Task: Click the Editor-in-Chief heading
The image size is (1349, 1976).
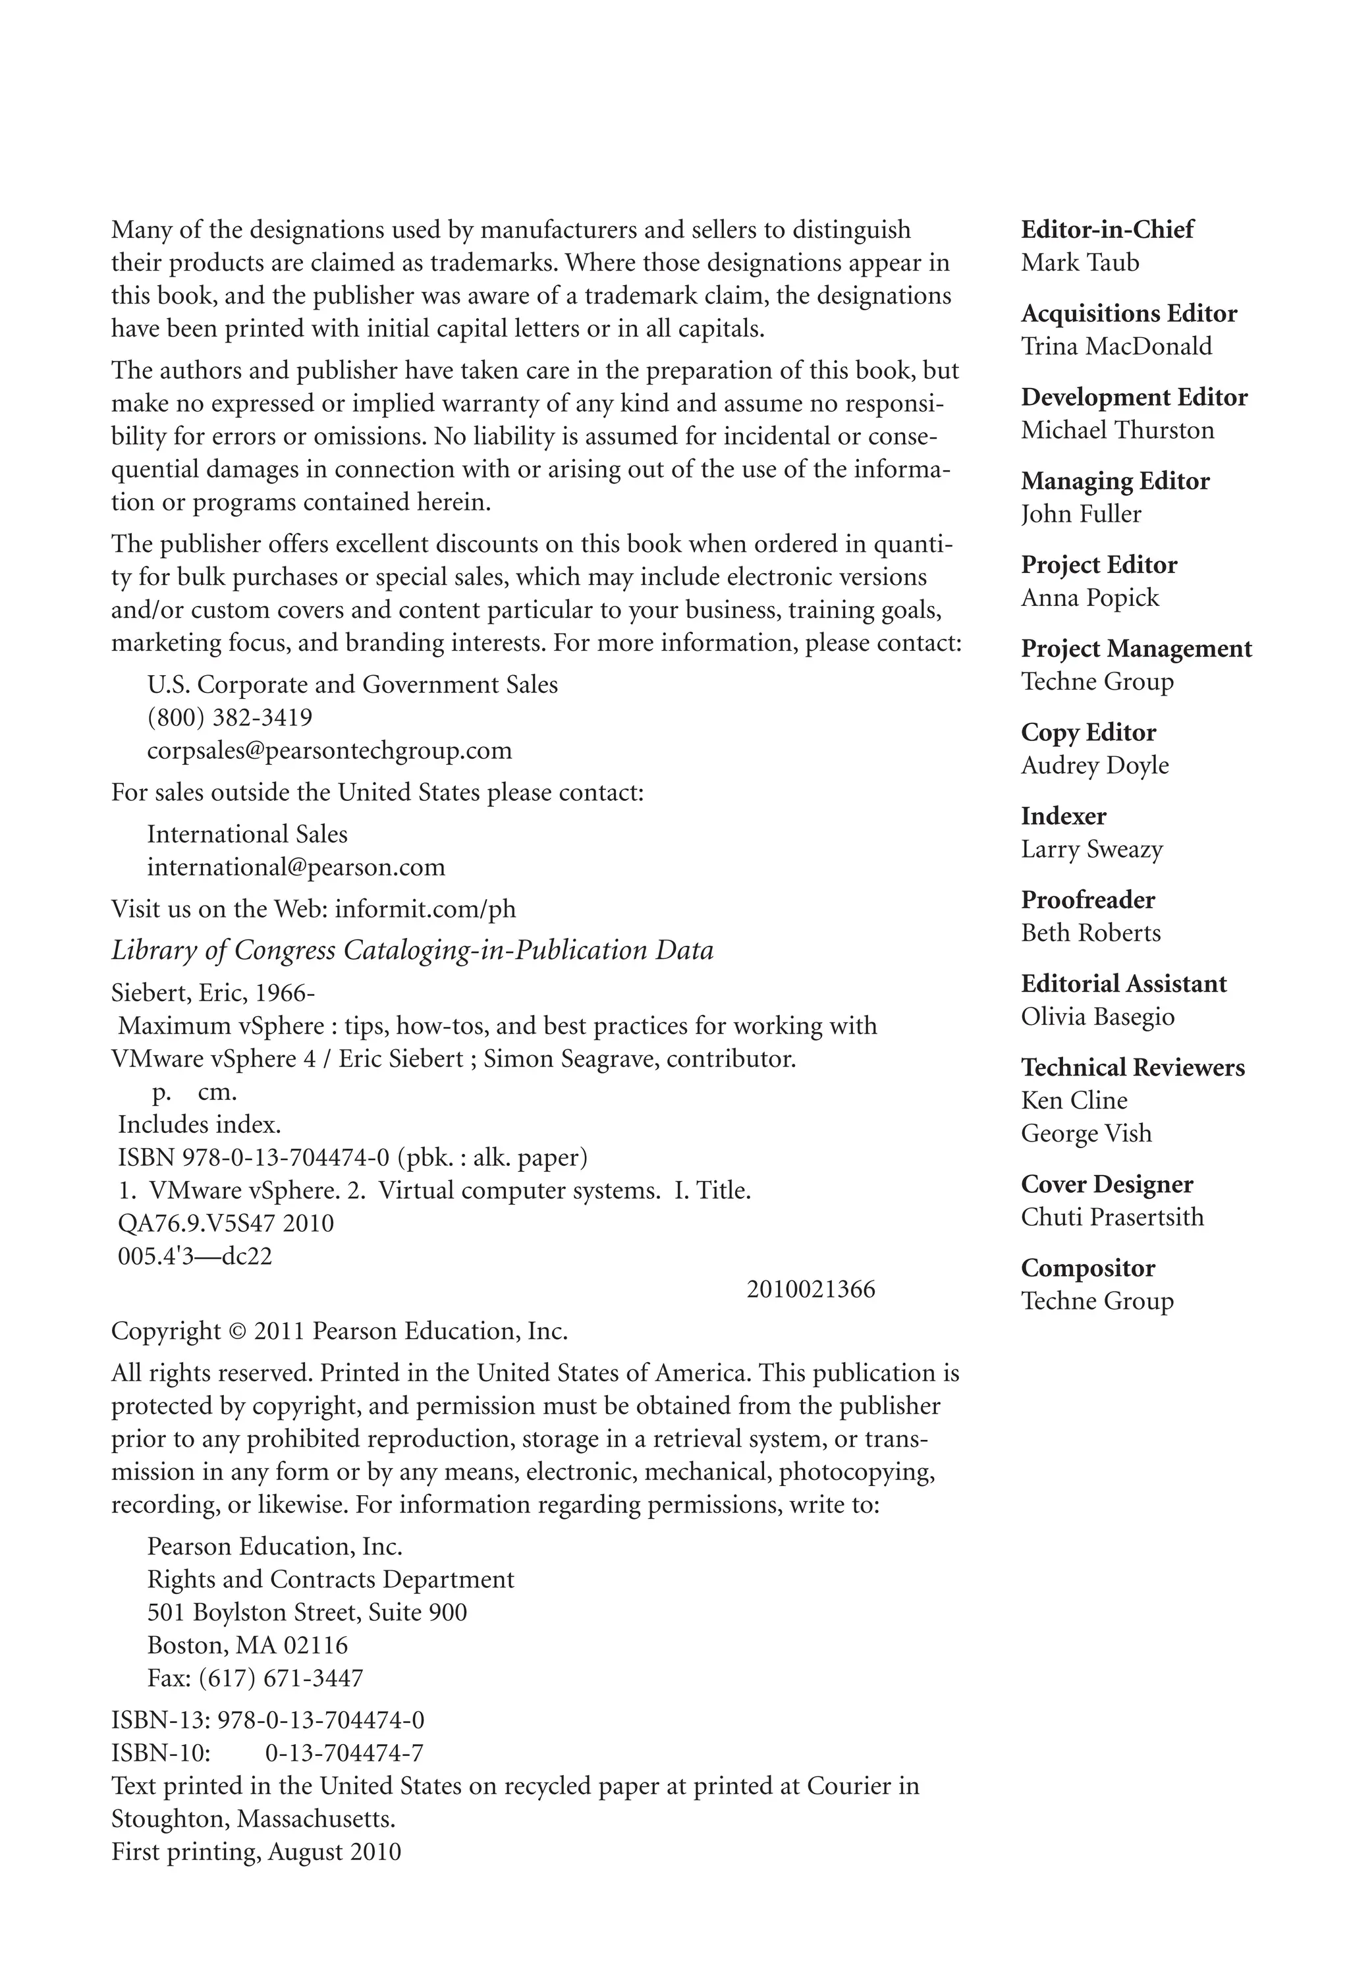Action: (x=1107, y=230)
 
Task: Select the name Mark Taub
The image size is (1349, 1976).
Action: (x=1080, y=263)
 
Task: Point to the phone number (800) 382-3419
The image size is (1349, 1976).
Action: (x=229, y=718)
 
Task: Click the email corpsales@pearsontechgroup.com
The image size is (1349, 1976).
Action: (x=330, y=751)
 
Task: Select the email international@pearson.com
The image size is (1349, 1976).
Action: (x=296, y=867)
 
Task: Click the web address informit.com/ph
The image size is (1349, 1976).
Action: (x=425, y=909)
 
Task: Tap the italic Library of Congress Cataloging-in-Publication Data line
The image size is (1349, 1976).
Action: (x=412, y=950)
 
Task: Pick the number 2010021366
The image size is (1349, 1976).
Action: (x=810, y=1289)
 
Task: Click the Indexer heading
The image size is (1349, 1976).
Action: (x=1063, y=816)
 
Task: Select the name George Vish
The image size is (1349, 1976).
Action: (x=1086, y=1134)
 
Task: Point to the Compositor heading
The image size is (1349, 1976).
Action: (x=1087, y=1268)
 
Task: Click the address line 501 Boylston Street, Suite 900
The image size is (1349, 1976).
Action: (x=307, y=1612)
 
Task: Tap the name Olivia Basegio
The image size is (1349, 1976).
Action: (x=1097, y=1017)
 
